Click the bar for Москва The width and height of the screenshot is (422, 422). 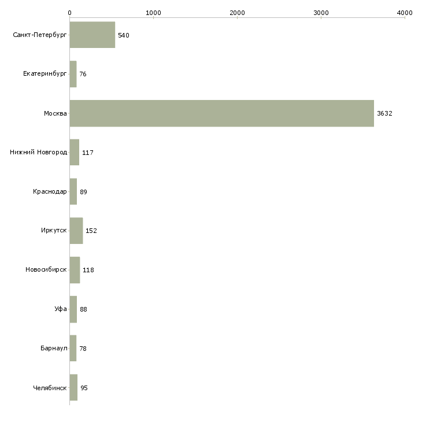click(x=221, y=113)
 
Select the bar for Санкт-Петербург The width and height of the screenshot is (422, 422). click(x=92, y=35)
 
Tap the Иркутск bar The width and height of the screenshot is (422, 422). click(x=76, y=231)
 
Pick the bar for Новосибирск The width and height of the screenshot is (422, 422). click(x=75, y=270)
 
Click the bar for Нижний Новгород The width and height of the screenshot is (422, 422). click(x=75, y=153)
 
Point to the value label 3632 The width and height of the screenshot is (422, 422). click(x=384, y=113)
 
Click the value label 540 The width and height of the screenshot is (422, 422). click(x=123, y=35)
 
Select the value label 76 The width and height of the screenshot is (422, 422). click(x=83, y=74)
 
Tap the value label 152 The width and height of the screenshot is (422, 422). click(x=91, y=231)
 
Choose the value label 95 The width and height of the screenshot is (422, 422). click(x=84, y=388)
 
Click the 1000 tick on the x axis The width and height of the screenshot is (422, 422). click(x=153, y=12)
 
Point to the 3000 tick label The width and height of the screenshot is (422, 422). click(x=321, y=12)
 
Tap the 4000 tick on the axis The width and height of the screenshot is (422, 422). click(x=405, y=12)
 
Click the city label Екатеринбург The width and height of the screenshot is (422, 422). click(x=45, y=74)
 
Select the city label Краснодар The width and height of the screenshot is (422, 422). click(x=50, y=191)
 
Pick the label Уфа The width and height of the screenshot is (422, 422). click(x=61, y=309)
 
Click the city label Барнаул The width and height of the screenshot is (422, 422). click(x=54, y=349)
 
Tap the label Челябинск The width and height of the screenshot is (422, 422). click(x=50, y=388)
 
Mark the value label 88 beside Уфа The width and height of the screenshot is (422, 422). click(x=83, y=309)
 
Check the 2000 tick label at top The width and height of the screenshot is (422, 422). click(x=237, y=12)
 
